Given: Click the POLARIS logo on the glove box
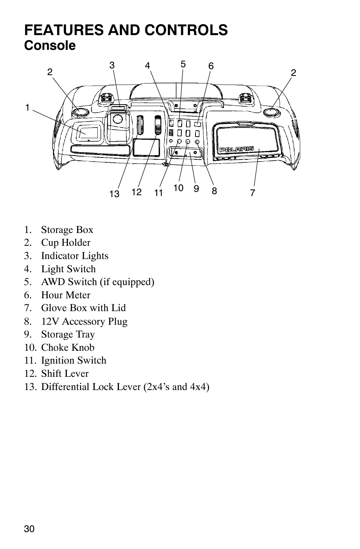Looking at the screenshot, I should [x=237, y=149].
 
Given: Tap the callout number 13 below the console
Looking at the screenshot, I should [x=114, y=194].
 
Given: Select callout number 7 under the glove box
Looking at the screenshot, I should [x=252, y=193].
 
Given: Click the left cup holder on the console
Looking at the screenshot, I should [x=80, y=112].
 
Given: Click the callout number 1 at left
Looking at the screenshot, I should [x=27, y=108].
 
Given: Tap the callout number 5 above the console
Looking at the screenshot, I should [x=183, y=64].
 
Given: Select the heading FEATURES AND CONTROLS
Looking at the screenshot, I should [x=126, y=30].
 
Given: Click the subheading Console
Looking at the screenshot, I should [x=50, y=46].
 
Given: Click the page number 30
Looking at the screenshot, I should [x=29, y=529].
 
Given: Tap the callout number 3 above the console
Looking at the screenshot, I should [x=112, y=65].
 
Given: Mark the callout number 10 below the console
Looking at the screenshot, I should [x=178, y=188].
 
